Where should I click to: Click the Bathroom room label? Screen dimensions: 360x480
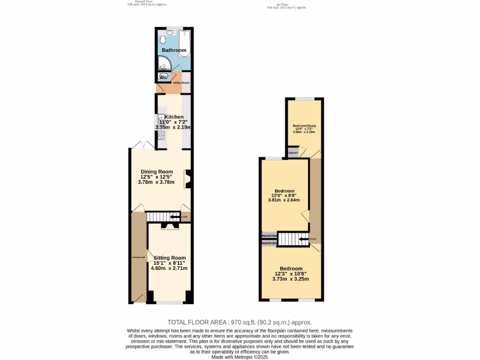[x=174, y=50]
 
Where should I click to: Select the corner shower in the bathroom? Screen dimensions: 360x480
[x=164, y=63]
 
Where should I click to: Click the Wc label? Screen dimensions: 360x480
[x=164, y=77]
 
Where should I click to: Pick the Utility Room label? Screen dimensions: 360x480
[x=181, y=83]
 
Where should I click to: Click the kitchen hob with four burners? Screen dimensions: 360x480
[x=161, y=135]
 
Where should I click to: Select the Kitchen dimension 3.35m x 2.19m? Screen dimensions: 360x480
[x=174, y=127]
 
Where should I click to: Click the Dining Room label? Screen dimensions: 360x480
[x=157, y=172]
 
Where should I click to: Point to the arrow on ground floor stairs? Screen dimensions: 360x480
[x=175, y=217]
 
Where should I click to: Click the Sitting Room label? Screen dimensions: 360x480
[x=169, y=258]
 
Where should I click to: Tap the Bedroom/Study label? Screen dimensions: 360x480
[x=304, y=126]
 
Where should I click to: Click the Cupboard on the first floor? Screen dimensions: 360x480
[x=293, y=153]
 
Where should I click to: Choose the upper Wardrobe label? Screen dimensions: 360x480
[x=269, y=235]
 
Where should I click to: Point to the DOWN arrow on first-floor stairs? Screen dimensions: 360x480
[x=304, y=239]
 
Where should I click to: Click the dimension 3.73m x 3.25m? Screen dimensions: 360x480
[x=291, y=279]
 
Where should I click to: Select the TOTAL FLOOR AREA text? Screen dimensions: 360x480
[x=240, y=322]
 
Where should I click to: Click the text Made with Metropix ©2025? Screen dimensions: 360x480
[x=239, y=357]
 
